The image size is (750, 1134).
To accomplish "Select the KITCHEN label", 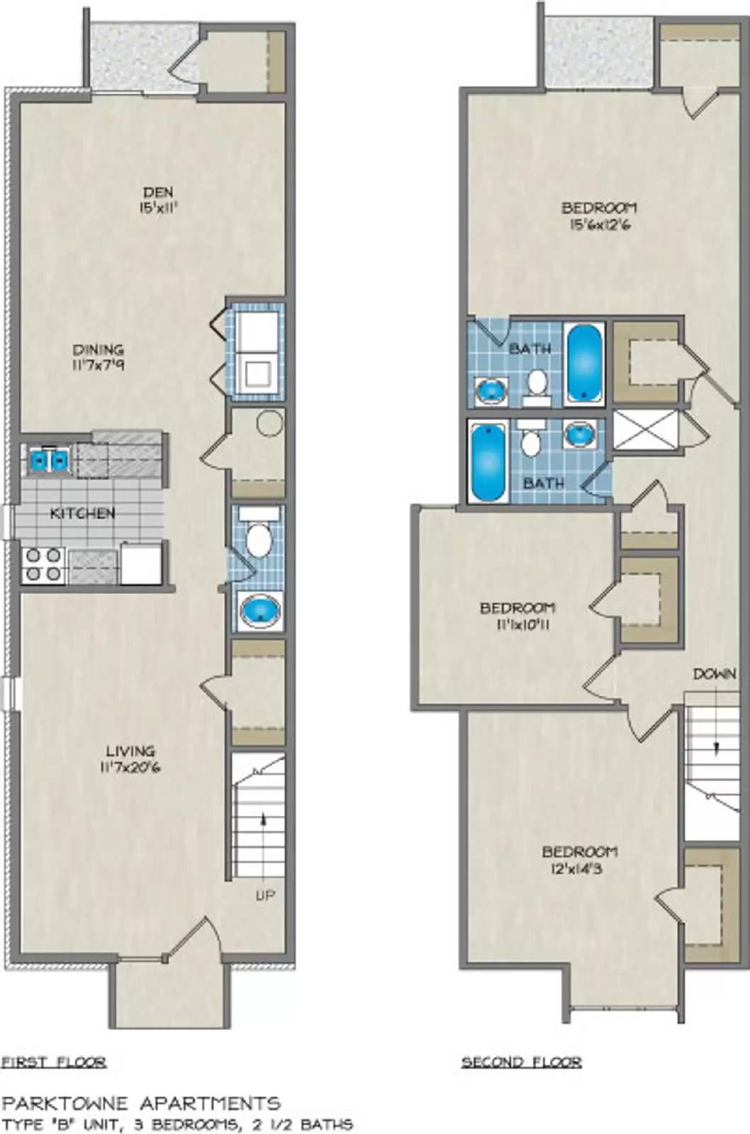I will click(82, 513).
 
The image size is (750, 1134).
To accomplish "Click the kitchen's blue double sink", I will click(49, 461).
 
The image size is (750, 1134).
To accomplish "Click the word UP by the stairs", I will click(264, 896).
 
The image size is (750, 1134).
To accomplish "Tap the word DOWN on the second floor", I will click(714, 674).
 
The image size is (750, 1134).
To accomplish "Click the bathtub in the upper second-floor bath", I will click(584, 363).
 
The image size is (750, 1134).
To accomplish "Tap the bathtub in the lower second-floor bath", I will click(488, 461).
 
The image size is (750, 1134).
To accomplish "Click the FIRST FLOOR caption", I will click(54, 1062).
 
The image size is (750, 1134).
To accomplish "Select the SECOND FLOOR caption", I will click(521, 1062).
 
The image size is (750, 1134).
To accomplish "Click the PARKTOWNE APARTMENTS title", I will click(141, 1103).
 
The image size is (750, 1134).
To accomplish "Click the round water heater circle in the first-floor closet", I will click(270, 424).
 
